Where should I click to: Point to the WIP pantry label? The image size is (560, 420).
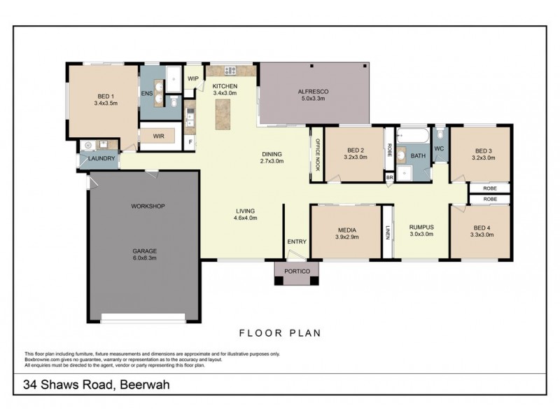(x=193, y=78)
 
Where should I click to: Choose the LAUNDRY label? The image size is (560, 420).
(x=101, y=160)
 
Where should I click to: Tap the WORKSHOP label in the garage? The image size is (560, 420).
(x=147, y=206)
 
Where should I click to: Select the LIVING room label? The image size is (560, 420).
(x=244, y=211)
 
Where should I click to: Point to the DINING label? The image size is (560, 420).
(x=272, y=154)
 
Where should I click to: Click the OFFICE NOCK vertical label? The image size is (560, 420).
(x=316, y=155)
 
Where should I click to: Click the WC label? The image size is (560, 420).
(x=439, y=148)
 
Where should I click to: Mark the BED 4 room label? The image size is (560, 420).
(x=483, y=227)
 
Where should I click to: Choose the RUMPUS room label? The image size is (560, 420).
(x=421, y=227)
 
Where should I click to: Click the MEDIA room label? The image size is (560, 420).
(x=346, y=230)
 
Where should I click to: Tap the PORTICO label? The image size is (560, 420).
(x=296, y=270)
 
